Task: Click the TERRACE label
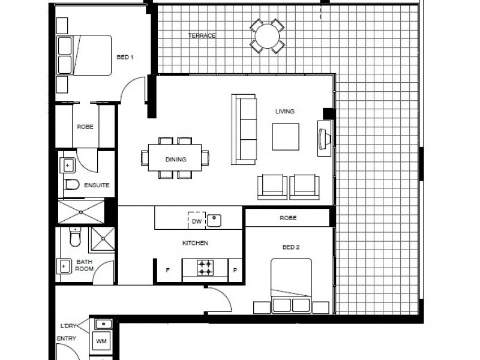(202, 35)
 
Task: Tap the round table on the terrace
(267, 36)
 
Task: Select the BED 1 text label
(125, 57)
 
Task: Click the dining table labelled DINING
(175, 157)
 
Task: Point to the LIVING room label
(285, 112)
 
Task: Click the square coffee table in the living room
(286, 137)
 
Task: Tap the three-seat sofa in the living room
(244, 130)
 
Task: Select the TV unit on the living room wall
(324, 139)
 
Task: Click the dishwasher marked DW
(197, 220)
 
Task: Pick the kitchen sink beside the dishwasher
(214, 221)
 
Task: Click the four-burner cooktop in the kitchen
(205, 268)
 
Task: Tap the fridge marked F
(167, 271)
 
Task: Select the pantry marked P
(235, 271)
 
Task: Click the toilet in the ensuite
(72, 184)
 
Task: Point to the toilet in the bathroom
(75, 237)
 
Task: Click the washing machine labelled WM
(101, 341)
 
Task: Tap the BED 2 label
(291, 247)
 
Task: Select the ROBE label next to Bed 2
(288, 218)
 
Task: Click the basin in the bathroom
(64, 266)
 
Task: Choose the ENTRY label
(67, 338)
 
